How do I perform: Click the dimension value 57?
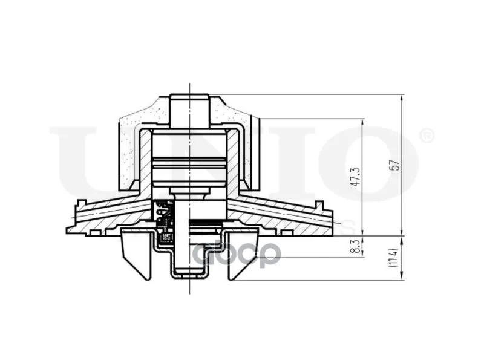[x=396, y=165]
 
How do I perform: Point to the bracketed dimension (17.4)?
[x=396, y=258]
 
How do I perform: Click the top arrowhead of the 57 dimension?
[x=402, y=99]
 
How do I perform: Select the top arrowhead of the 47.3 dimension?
[x=362, y=123]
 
